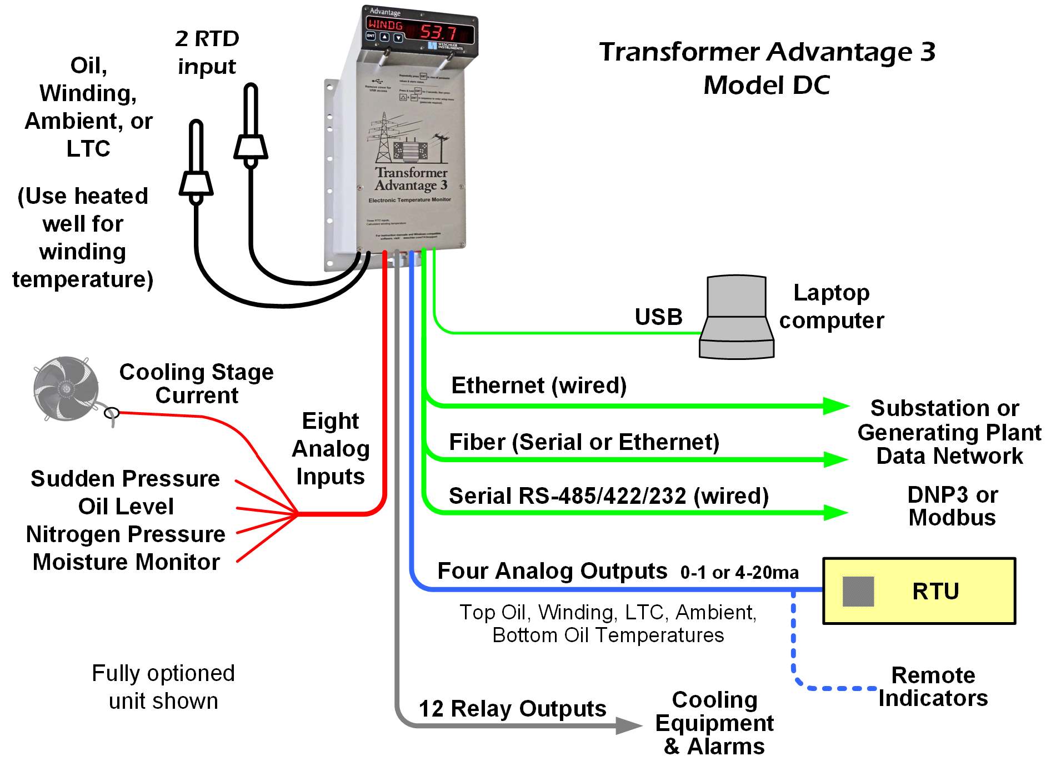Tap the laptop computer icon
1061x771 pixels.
(x=736, y=318)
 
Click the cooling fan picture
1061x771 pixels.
(x=66, y=388)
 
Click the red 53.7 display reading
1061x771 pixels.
(x=438, y=32)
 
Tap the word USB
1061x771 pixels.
(x=658, y=317)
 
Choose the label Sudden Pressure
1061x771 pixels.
(x=125, y=479)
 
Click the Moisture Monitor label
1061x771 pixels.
(x=126, y=562)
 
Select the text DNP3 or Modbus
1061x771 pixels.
(x=952, y=506)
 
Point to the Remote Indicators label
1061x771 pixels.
(x=933, y=687)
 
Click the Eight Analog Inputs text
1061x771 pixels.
(x=331, y=448)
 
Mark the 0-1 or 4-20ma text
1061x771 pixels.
(x=739, y=572)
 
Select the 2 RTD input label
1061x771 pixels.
(x=207, y=52)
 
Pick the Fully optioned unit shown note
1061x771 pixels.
(x=163, y=687)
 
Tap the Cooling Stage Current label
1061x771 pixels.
(x=197, y=383)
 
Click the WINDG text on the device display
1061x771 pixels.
(x=385, y=25)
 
